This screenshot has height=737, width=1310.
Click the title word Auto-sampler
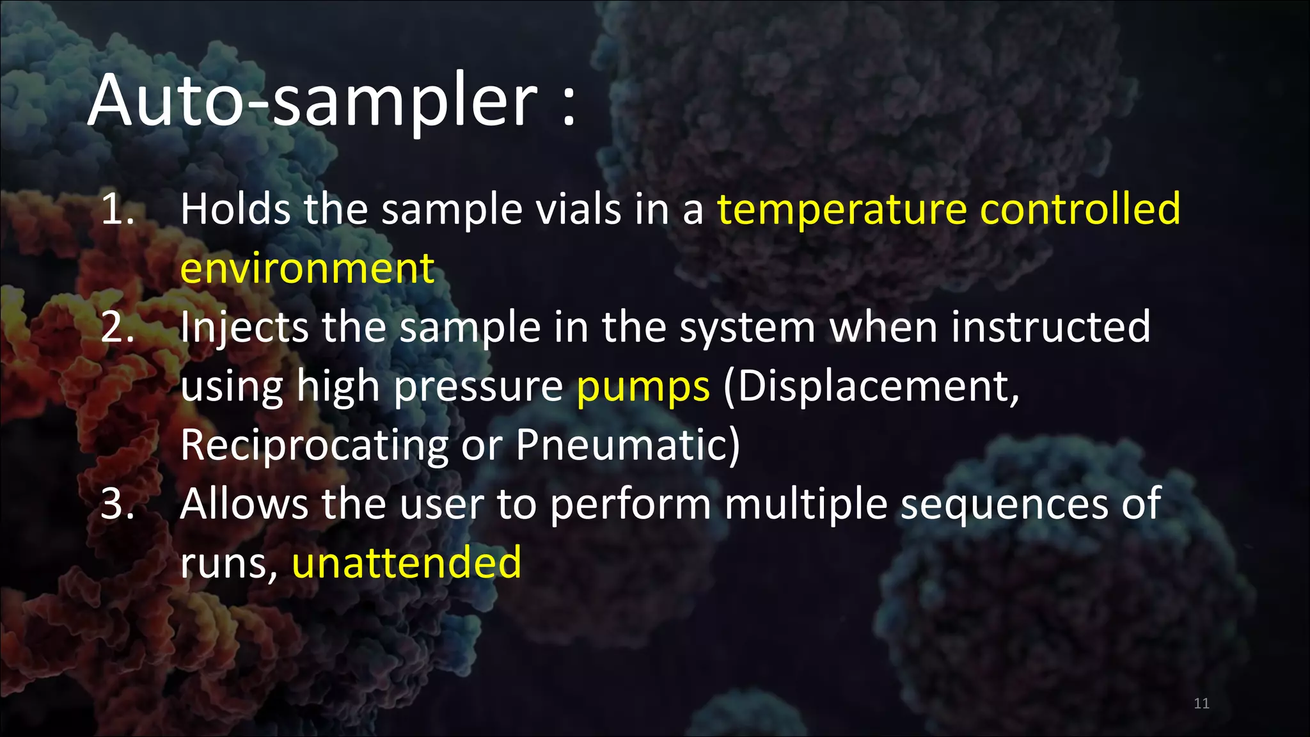[313, 101]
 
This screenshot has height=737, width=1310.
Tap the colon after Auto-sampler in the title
[569, 106]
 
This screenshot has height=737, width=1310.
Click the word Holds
[235, 209]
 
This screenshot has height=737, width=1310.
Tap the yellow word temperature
[842, 209]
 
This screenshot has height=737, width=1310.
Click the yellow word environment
[307, 269]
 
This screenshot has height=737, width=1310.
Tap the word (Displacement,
[871, 386]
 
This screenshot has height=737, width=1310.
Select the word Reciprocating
[314, 446]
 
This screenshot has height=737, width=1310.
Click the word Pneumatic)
[627, 445]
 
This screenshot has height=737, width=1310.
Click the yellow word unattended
[407, 563]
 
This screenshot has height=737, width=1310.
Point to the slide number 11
[1201, 704]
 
